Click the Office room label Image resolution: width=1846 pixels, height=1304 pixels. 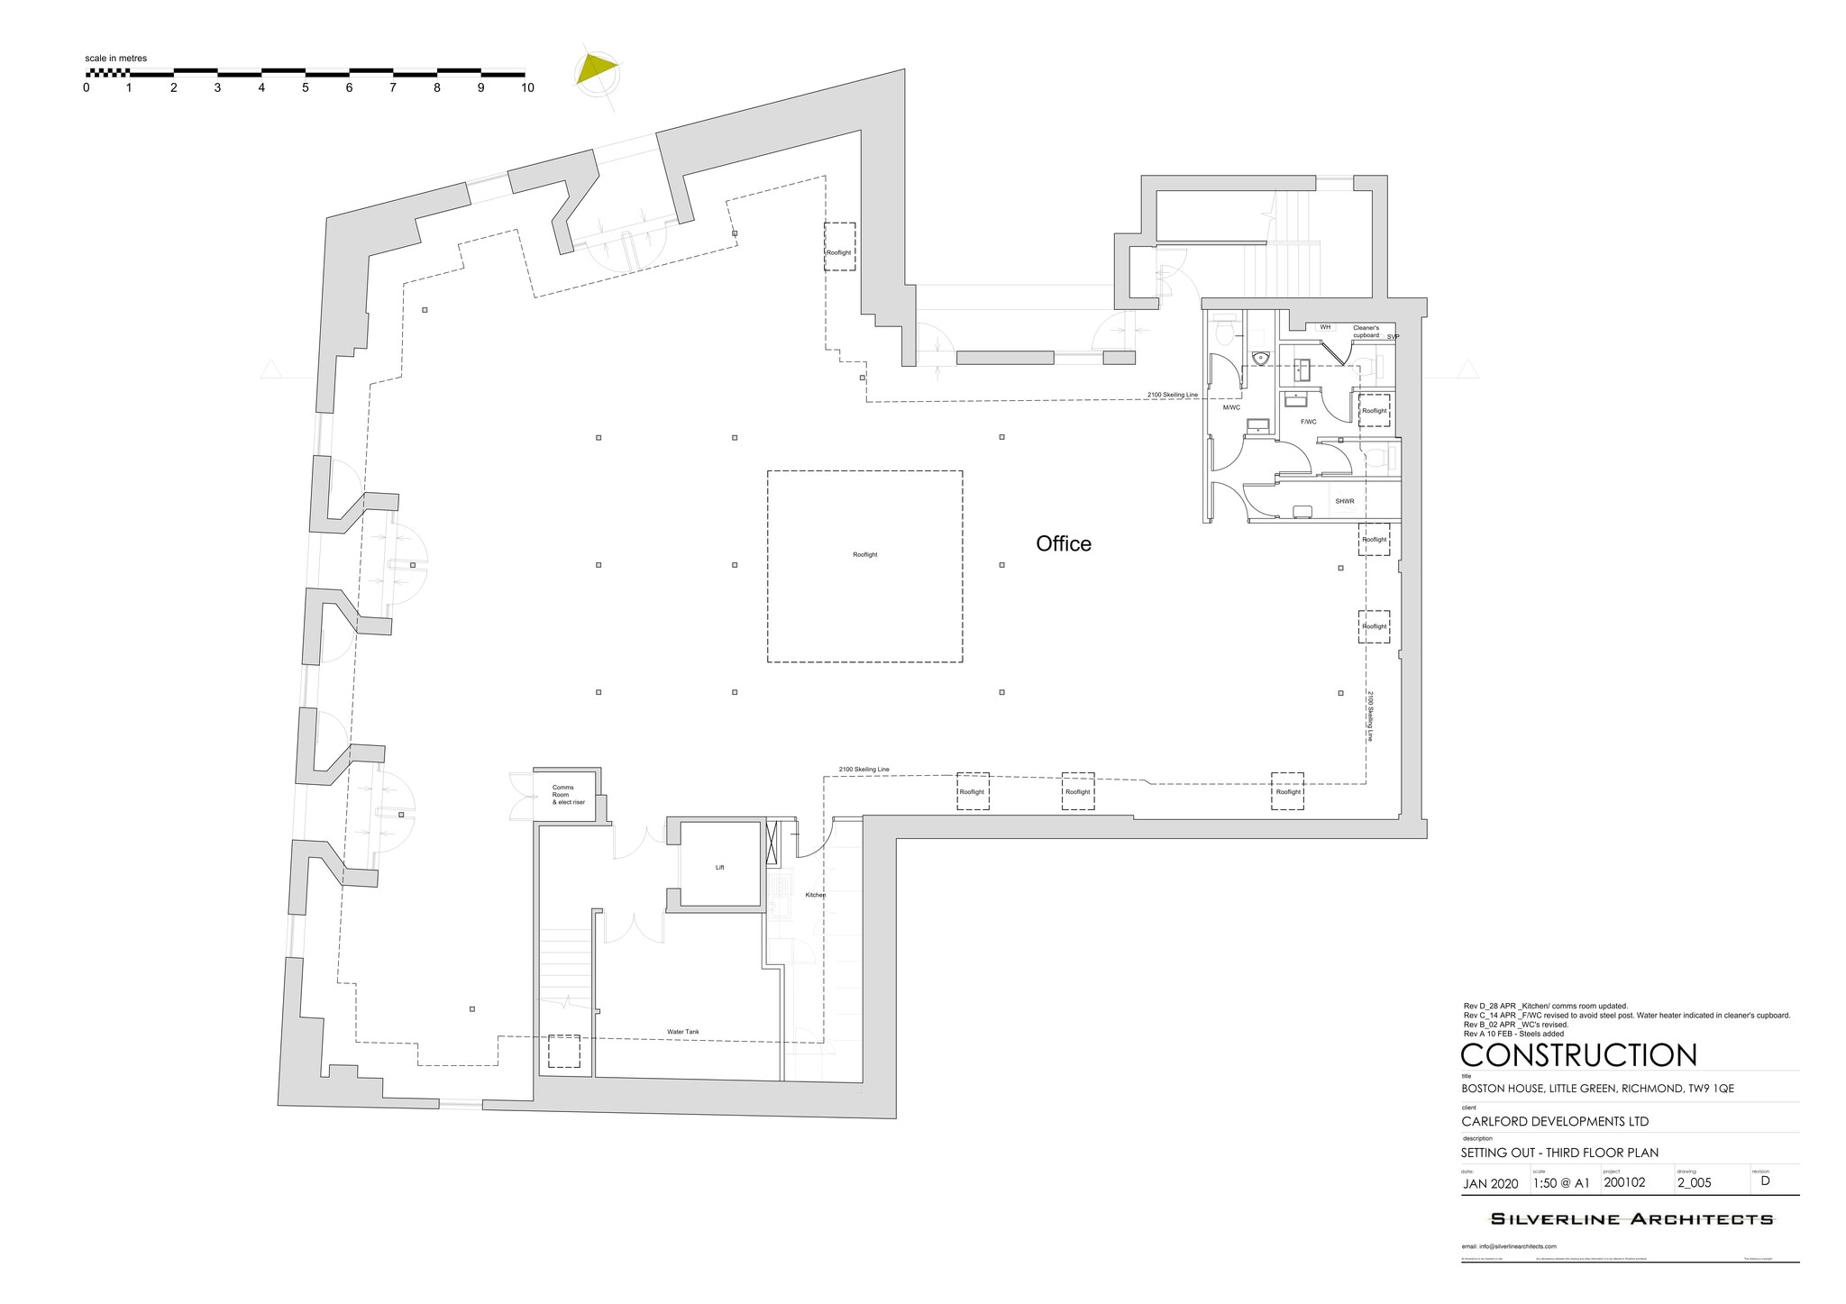[1064, 543]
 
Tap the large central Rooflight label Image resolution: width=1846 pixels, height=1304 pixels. [864, 555]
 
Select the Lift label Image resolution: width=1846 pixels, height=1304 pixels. [719, 868]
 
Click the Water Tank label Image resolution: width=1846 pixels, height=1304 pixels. [682, 1032]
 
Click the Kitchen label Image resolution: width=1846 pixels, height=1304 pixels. [815, 895]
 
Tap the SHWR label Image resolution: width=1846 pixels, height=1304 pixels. [1345, 501]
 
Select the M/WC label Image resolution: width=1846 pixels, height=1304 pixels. [1231, 407]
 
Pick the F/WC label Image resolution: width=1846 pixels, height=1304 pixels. [1307, 422]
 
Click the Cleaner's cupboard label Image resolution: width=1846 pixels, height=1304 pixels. [1366, 332]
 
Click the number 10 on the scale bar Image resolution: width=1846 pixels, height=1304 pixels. [527, 88]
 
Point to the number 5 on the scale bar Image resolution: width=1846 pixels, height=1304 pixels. [306, 88]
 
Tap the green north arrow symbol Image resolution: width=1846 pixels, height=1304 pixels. [597, 69]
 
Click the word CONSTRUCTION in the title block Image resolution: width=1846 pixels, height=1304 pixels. [1579, 1055]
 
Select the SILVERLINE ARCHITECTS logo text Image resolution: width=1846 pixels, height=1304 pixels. [1631, 1219]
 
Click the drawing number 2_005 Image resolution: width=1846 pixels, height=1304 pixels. [1694, 1183]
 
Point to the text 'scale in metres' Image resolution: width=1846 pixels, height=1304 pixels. [116, 59]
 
